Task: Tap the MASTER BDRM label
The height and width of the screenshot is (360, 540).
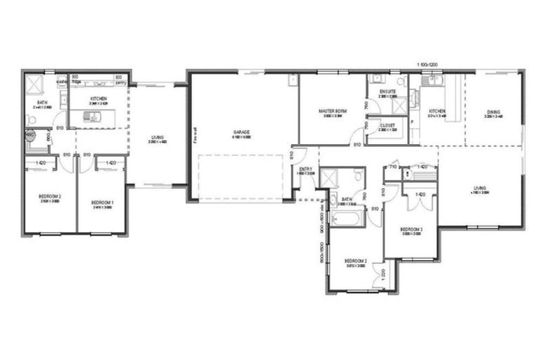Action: pyautogui.click(x=332, y=111)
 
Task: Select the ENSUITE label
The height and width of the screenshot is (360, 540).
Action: pyautogui.click(x=387, y=91)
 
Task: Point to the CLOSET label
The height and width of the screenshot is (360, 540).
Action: pyautogui.click(x=387, y=124)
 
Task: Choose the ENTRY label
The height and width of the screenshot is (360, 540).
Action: pyautogui.click(x=306, y=169)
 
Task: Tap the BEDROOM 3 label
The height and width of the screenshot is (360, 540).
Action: pyautogui.click(x=411, y=229)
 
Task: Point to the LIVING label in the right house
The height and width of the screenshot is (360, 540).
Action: pyautogui.click(x=480, y=187)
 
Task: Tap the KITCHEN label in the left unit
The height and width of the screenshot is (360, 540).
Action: pyautogui.click(x=98, y=98)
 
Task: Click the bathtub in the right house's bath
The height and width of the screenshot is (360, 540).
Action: pyautogui.click(x=347, y=219)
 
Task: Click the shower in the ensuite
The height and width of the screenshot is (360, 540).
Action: pyautogui.click(x=398, y=106)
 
